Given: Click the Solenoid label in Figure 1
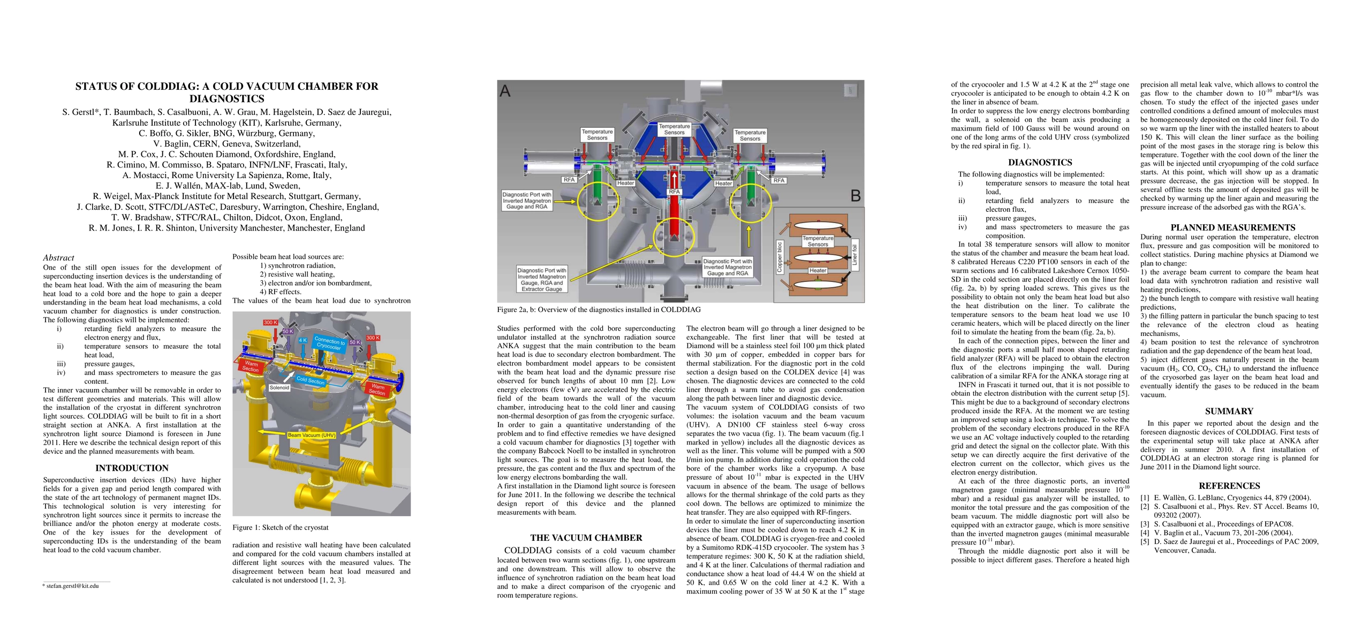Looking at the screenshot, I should (x=279, y=387).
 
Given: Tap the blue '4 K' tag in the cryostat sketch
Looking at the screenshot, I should (x=302, y=340).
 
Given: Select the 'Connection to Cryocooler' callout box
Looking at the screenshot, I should (x=329, y=343).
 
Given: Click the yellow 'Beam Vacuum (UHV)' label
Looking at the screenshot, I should (x=311, y=435).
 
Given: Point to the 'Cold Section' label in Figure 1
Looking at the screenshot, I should (x=311, y=380).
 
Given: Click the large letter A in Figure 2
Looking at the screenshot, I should (x=505, y=91).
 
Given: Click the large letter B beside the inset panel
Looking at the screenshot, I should (x=856, y=196).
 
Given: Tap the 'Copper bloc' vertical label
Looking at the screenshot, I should (x=780, y=257).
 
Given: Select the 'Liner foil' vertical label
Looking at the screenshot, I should (x=854, y=255).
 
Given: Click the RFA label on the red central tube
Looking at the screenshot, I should (x=674, y=192).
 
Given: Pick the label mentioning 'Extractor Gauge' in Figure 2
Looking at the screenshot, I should (x=541, y=279).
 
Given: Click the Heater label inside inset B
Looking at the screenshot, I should (x=818, y=271).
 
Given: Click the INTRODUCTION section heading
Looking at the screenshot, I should (x=132, y=468).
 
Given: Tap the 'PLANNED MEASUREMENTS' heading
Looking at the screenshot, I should (x=1229, y=227).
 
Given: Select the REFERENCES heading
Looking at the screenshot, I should (x=1229, y=486).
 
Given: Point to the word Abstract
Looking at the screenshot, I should (x=58, y=258).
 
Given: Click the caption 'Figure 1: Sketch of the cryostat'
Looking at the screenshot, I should (x=280, y=528).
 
